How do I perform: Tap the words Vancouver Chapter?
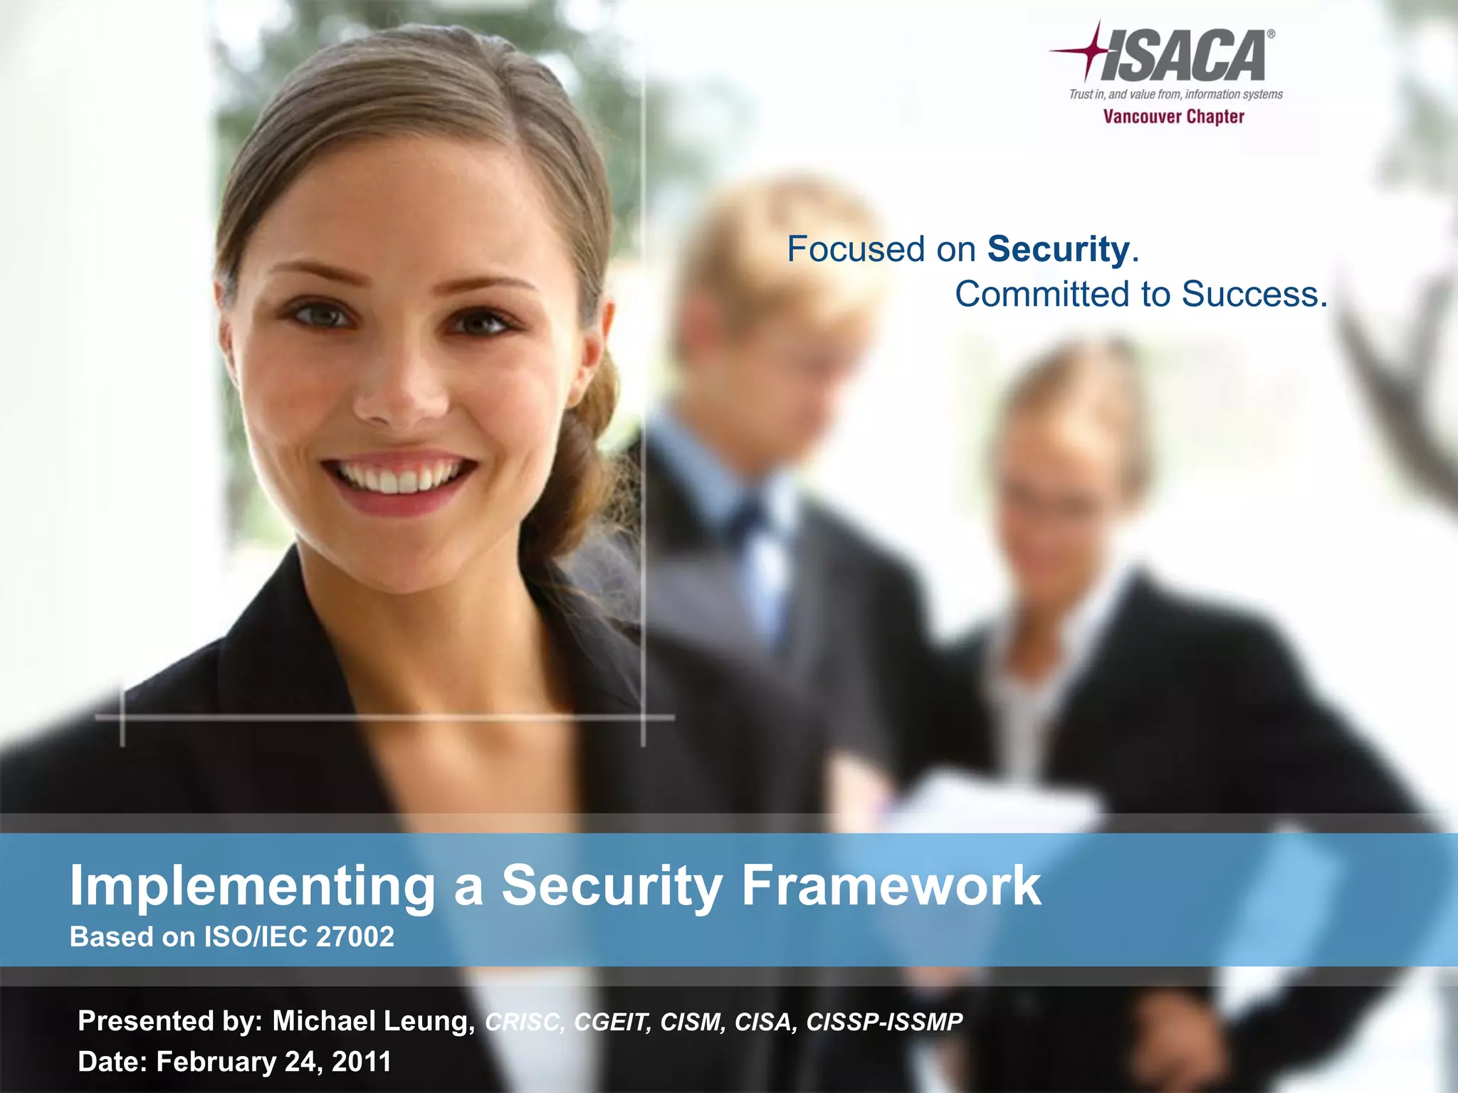coord(1173,117)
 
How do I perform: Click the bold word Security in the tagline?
coord(1058,249)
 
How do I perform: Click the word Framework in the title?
coord(891,885)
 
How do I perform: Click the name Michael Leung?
coord(373,1021)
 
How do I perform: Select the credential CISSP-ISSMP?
coord(884,1022)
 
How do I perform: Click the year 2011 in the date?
coord(362,1062)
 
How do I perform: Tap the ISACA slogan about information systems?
coord(1175,94)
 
